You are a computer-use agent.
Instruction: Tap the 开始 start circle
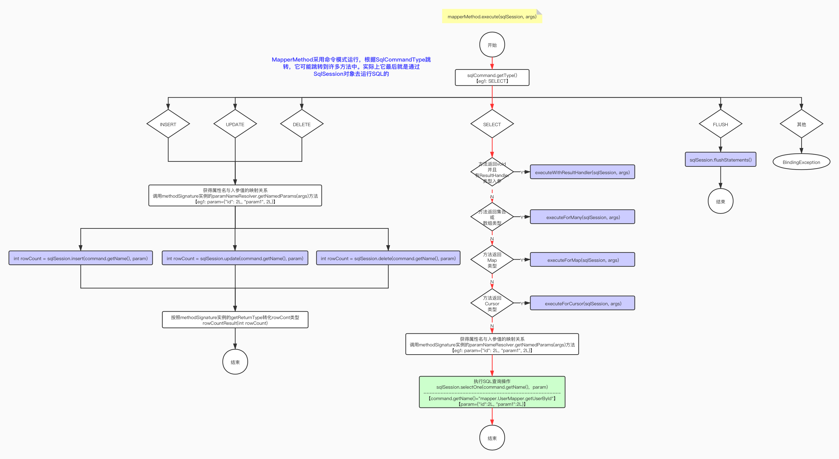coord(492,45)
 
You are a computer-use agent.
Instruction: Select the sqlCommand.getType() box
coord(492,78)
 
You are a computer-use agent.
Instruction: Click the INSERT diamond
coord(168,124)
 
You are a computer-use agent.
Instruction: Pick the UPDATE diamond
coord(235,124)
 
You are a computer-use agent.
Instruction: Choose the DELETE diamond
coord(302,124)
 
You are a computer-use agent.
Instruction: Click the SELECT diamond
coord(492,124)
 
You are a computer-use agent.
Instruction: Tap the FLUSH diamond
coord(720,124)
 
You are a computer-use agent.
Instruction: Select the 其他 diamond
coord(801,124)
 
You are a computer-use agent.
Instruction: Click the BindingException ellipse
coord(801,162)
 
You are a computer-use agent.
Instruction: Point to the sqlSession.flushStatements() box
coord(720,160)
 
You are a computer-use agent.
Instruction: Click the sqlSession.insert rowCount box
coord(81,258)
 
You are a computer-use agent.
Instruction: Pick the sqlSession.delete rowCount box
coord(388,258)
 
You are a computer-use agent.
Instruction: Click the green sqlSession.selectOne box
coord(492,392)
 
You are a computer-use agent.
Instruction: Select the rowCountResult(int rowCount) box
coord(235,320)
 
